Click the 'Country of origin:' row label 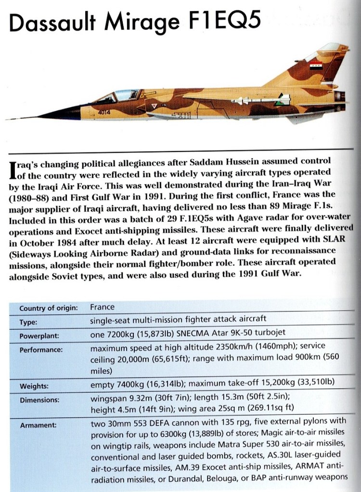pyautogui.click(x=48, y=308)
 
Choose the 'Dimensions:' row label pyautogui.click(x=39, y=400)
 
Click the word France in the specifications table pyautogui.click(x=102, y=307)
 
